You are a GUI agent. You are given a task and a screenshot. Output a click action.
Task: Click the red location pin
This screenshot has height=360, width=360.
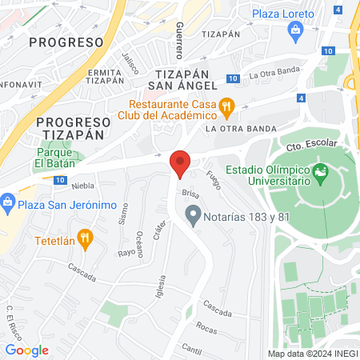[x=180, y=163]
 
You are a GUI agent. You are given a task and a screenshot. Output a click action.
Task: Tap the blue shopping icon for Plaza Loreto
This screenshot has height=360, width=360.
[x=295, y=30]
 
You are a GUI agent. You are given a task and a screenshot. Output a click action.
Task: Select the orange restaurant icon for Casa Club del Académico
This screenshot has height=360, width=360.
[x=227, y=106]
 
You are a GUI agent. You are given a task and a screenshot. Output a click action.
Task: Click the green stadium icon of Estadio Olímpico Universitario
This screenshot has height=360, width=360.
[x=321, y=171]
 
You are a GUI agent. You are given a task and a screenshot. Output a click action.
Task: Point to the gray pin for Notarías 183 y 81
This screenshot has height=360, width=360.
[x=192, y=214]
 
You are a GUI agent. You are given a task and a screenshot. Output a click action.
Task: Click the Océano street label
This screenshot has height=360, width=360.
[x=140, y=243]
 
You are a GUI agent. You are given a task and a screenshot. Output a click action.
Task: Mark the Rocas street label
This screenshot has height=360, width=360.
[x=206, y=328]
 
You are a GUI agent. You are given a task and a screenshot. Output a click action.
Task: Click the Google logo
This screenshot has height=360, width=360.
[x=26, y=350]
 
